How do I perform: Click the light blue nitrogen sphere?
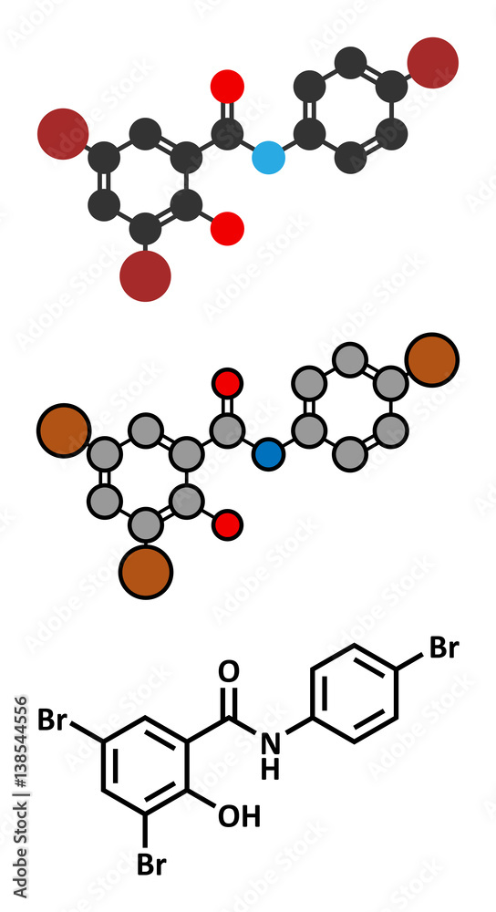coord(269,158)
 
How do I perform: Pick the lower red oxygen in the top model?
coord(227,229)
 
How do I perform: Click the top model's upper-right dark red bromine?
coord(432,63)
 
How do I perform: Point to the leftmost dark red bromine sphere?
coord(63,134)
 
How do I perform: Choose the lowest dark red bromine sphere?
coord(145,275)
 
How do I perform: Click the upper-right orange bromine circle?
coord(433,359)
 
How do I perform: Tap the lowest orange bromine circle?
coord(145,573)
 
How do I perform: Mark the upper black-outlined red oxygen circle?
coord(227,383)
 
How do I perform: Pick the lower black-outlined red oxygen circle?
coord(227,525)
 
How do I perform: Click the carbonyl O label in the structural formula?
coord(229,672)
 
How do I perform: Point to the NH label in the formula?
coord(271,755)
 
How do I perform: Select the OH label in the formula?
coord(239,816)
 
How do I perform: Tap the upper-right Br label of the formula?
coord(444,648)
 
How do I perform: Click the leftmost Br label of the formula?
coord(53,720)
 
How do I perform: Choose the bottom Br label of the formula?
coord(151,865)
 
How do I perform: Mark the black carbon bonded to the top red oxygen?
coord(227,134)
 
